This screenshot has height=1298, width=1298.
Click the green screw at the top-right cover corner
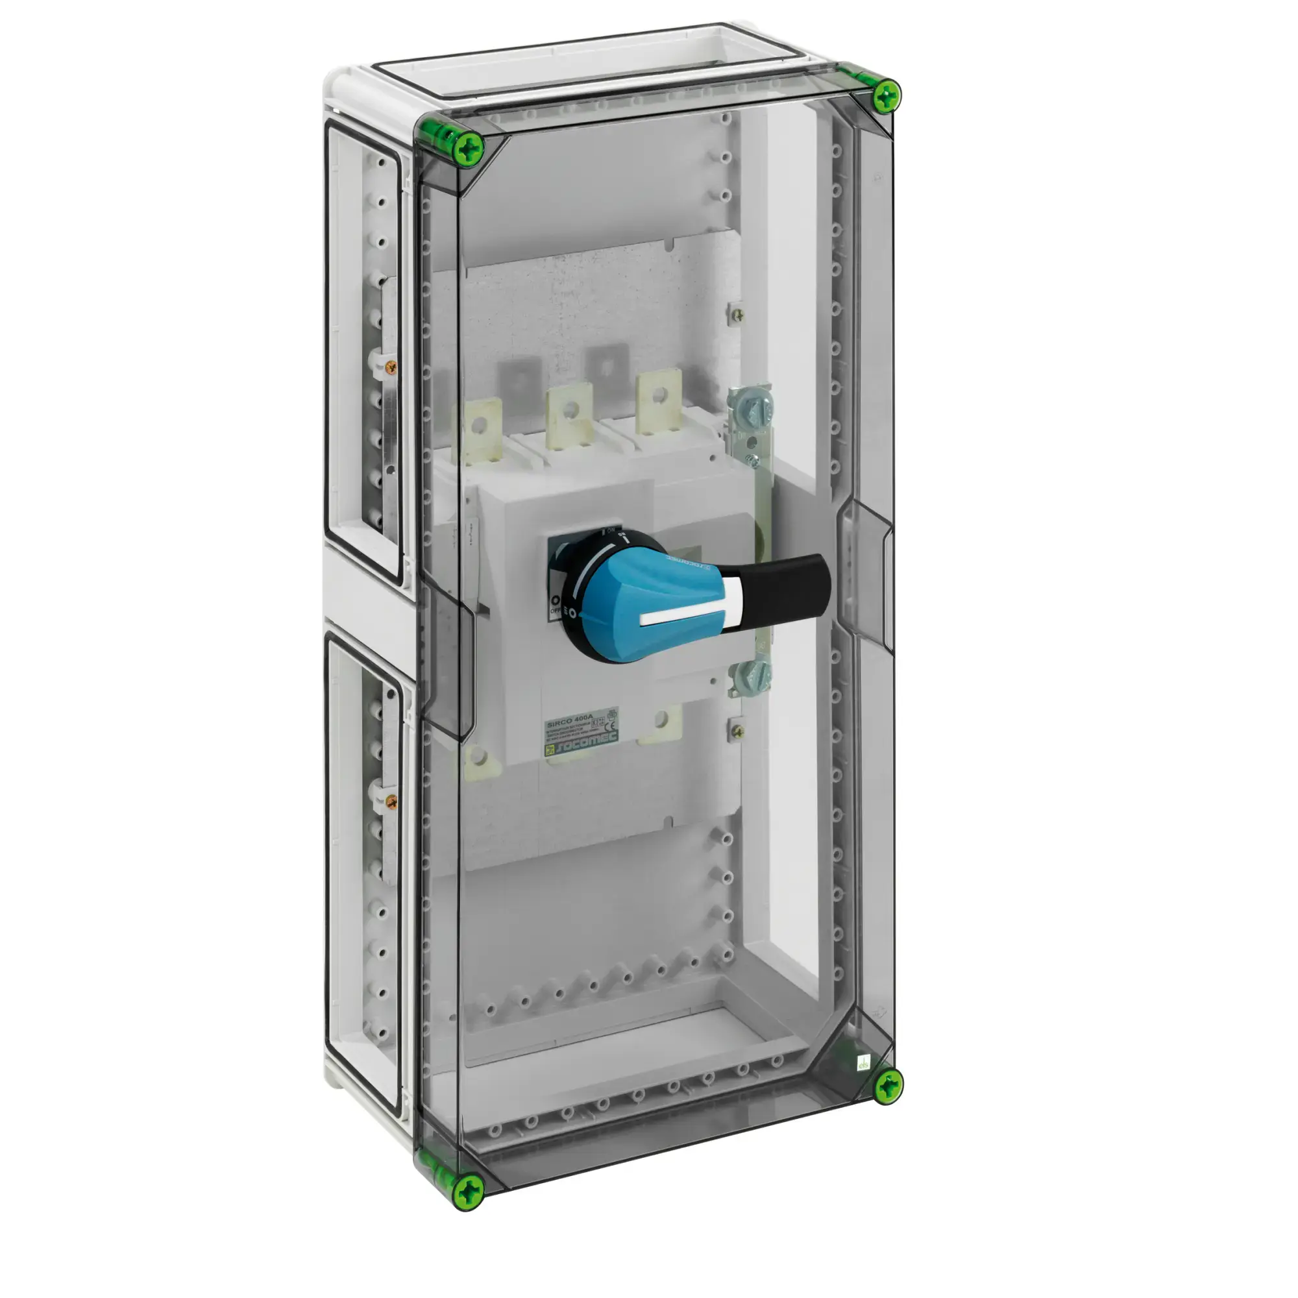[887, 95]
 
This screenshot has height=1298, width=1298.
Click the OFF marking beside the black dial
[556, 609]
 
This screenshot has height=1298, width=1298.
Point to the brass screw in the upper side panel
[394, 366]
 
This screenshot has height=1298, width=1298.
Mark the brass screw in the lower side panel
[393, 802]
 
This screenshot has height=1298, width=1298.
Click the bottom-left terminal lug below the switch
[478, 758]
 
